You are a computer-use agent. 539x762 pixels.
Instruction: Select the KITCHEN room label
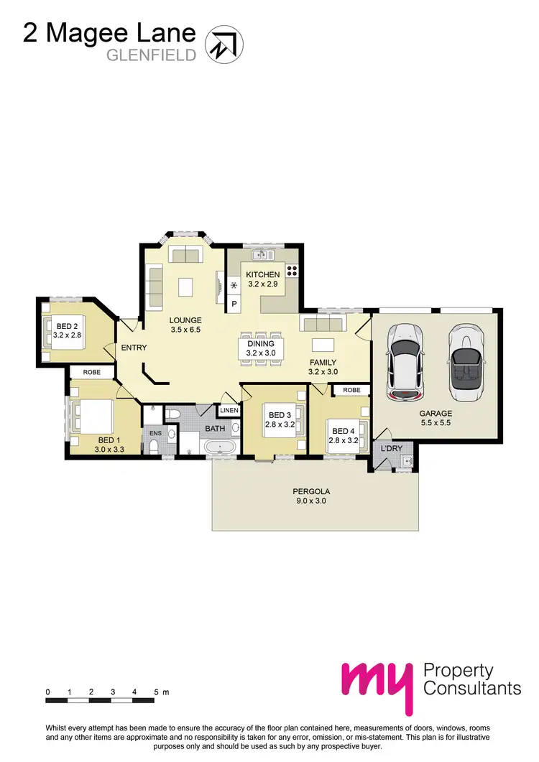(x=263, y=275)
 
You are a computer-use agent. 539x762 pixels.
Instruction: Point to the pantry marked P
(x=234, y=305)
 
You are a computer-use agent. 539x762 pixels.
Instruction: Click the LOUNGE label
(x=185, y=320)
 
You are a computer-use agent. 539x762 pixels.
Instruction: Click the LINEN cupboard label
(x=229, y=411)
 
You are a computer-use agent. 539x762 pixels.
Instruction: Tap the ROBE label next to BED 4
(x=351, y=390)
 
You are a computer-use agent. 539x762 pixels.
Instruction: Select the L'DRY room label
(x=392, y=448)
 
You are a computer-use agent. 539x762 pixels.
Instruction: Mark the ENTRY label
(x=134, y=348)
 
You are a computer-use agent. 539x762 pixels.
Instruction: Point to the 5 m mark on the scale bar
(x=157, y=692)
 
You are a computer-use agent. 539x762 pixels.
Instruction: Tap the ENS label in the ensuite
(x=155, y=433)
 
